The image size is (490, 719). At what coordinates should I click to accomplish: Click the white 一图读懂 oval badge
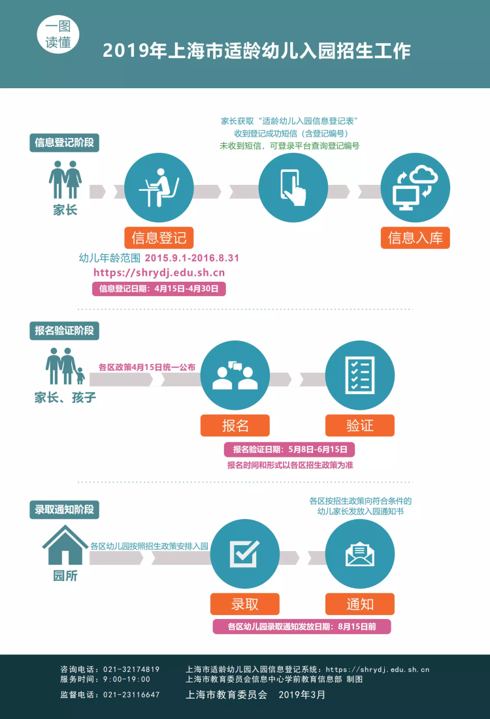(58, 35)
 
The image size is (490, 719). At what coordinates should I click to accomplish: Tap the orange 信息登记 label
(159, 238)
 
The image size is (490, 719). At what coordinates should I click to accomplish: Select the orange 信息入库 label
(416, 238)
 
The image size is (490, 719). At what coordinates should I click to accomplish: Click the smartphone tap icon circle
(293, 188)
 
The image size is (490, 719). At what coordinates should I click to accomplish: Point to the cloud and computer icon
(416, 188)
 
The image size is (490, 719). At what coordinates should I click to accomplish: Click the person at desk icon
(159, 188)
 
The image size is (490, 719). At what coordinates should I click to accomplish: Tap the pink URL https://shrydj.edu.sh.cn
(159, 273)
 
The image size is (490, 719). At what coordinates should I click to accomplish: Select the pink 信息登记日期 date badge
(159, 289)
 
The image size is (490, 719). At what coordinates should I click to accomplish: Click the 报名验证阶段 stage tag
(64, 331)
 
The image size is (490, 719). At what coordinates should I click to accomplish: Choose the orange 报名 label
(235, 426)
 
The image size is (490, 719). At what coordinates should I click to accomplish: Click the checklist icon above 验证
(360, 375)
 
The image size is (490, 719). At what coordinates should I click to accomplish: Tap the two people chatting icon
(235, 375)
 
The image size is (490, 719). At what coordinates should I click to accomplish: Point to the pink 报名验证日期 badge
(289, 450)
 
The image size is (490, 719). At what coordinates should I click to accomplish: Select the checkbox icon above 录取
(245, 554)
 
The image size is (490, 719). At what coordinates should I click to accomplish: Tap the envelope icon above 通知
(360, 554)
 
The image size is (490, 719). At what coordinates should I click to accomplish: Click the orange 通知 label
(360, 604)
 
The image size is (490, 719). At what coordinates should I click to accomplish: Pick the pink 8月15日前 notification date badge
(302, 626)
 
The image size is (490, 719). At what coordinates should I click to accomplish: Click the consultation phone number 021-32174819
(131, 669)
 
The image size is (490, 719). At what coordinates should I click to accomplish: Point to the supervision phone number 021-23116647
(131, 695)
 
